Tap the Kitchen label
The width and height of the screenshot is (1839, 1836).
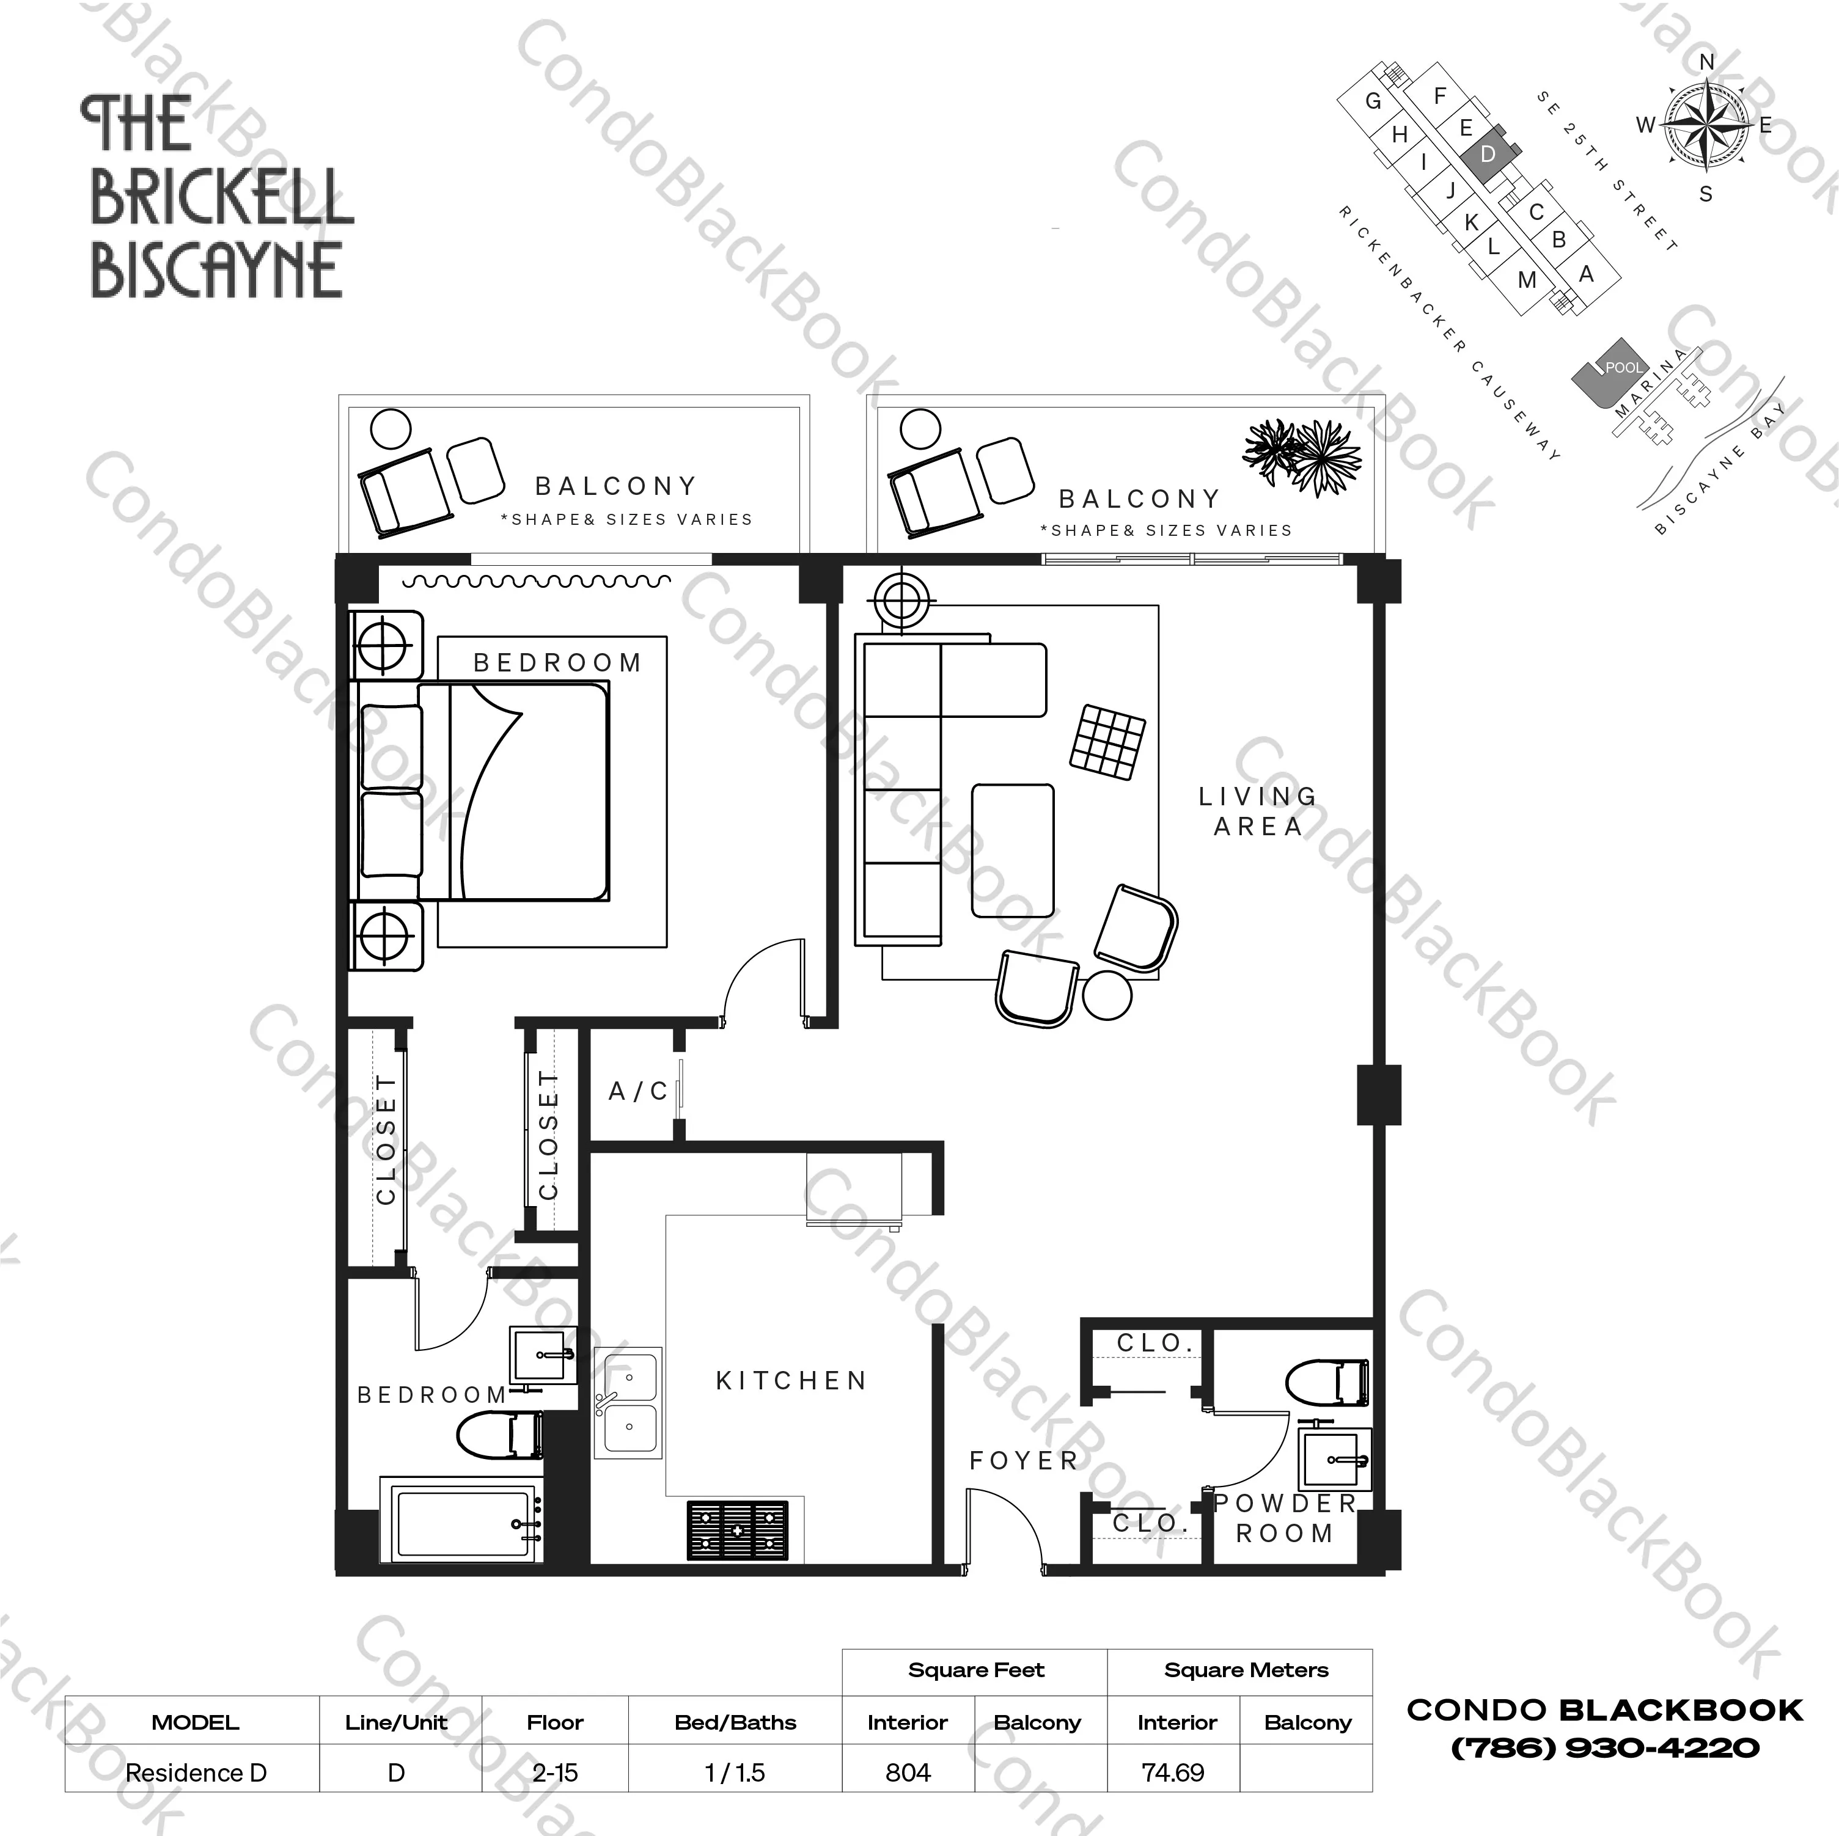pos(791,1381)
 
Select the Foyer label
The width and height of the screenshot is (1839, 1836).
pos(1023,1461)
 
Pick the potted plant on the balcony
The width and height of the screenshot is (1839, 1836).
pos(1303,456)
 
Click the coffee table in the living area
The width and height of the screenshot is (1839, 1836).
pos(1013,851)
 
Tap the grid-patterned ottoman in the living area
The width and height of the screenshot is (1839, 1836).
pos(1108,742)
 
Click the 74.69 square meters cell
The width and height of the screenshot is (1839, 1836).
pos(1173,1773)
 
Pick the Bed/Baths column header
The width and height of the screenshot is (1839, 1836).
pos(735,1723)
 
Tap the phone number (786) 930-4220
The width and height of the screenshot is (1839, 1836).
pos(1605,1747)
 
